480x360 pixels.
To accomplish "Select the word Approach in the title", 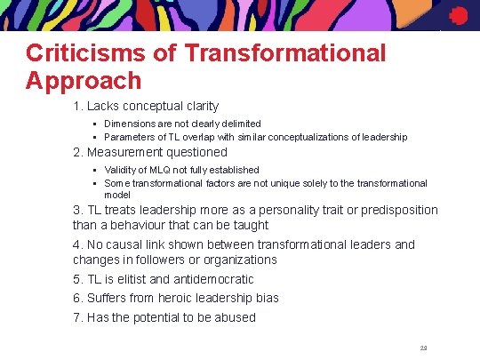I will coord(84,81).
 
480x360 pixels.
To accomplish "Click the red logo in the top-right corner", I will coord(459,15).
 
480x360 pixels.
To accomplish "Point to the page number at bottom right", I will coord(423,348).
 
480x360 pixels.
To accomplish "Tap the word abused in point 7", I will coord(234,317).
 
